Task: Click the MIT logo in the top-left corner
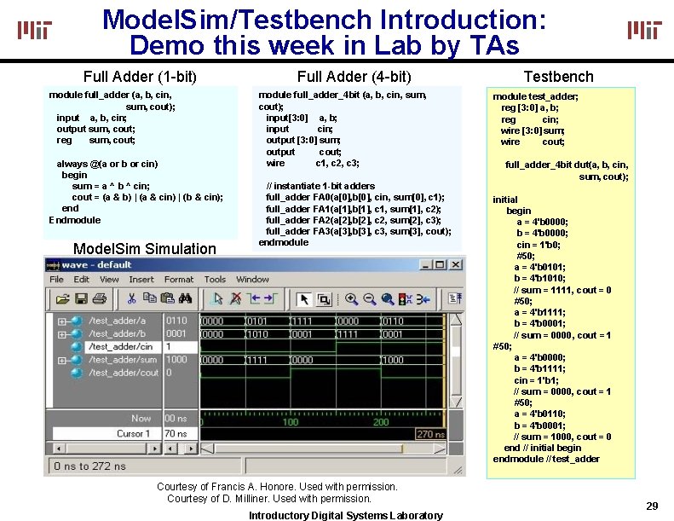35,31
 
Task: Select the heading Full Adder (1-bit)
140,77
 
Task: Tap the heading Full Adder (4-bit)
354,77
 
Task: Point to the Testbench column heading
558,77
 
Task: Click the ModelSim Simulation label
145,248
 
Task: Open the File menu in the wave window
56,280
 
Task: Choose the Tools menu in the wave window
215,280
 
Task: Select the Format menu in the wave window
179,280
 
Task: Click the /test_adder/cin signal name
122,347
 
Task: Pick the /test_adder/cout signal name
124,373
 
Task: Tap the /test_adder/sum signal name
124,360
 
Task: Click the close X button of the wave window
457,264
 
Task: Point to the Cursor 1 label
133,433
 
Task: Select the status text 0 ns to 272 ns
89,466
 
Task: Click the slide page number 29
652,507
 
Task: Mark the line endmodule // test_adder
546,459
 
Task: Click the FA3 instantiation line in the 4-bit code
358,231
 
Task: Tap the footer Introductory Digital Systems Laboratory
345,515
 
